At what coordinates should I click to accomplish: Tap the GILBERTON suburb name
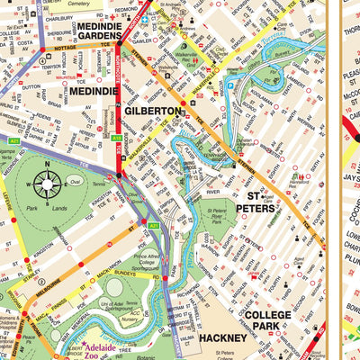click(154, 111)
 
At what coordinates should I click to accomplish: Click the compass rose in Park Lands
click(46, 186)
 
